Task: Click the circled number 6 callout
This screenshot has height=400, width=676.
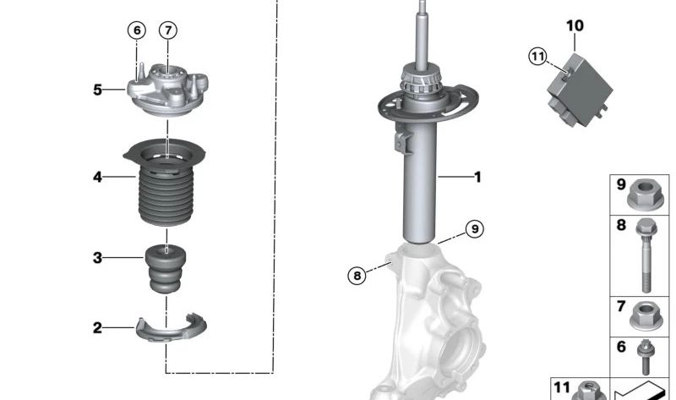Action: pos(137,30)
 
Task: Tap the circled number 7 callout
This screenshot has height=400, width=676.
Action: pos(168,30)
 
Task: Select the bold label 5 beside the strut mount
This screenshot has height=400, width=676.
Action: pos(98,90)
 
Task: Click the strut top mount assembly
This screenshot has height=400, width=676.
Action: pos(167,90)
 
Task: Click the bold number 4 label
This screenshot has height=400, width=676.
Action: pos(98,177)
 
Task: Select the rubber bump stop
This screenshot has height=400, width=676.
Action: pos(166,268)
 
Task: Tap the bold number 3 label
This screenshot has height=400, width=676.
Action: pos(98,258)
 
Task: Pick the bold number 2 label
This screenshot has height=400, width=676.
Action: pos(98,328)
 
